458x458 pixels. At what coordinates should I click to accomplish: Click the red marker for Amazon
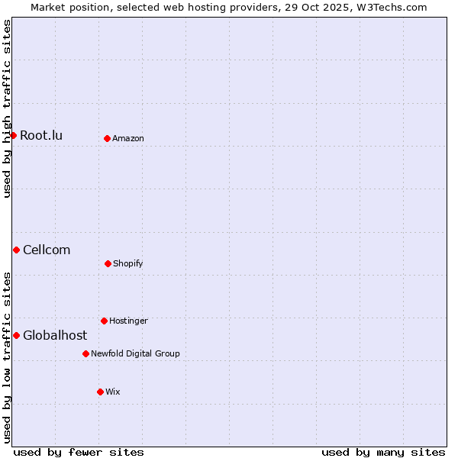pos(107,138)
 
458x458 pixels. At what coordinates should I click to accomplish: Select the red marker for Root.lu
pos(13,135)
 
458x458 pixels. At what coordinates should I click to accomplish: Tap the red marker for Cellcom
pos(16,250)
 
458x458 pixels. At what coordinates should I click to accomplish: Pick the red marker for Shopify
pos(108,263)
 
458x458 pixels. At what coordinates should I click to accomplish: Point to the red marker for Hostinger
pos(104,321)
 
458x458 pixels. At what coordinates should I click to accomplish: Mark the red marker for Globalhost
pos(16,335)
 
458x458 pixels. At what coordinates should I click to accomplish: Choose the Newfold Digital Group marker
pos(85,353)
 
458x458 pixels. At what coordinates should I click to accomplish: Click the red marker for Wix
pos(100,392)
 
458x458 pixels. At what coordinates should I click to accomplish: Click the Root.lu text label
pos(41,136)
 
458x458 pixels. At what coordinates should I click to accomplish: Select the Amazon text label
pos(128,139)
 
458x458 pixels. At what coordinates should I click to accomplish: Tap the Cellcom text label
pos(47,250)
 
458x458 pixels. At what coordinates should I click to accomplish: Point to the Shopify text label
pos(128,264)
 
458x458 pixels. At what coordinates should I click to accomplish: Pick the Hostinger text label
pos(128,321)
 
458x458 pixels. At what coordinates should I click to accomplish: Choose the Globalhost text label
pos(55,336)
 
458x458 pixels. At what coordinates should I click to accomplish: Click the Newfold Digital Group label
pos(136,354)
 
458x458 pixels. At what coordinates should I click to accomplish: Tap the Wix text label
pos(113,392)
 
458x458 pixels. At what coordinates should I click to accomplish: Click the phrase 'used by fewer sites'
pos(79,452)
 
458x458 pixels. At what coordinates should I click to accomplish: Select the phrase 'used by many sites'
pos(383,452)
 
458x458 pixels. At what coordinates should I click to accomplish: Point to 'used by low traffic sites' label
pos(8,357)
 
